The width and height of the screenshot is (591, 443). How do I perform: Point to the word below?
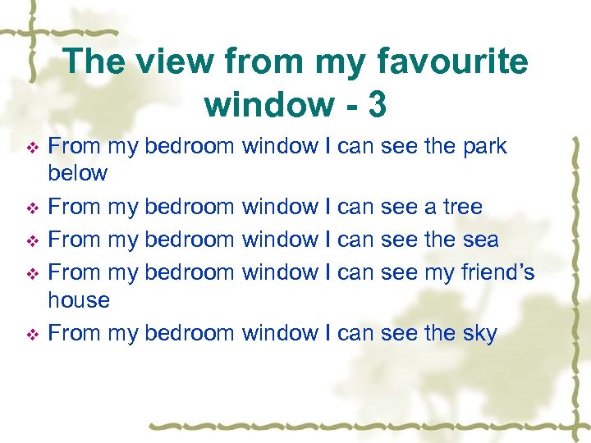78,173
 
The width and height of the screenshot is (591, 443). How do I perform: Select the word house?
79,300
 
